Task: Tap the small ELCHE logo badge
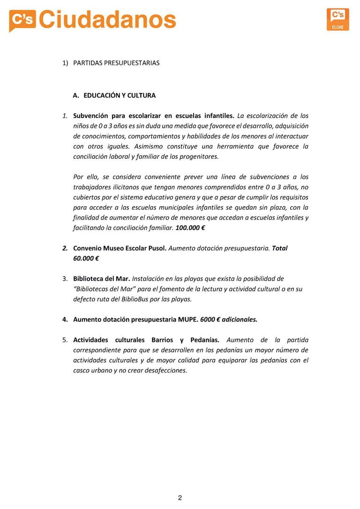click(x=337, y=19)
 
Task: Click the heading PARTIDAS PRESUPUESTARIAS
click(x=116, y=63)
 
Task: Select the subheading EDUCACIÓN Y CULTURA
click(x=120, y=96)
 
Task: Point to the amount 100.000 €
click(x=190, y=228)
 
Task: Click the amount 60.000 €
click(x=86, y=258)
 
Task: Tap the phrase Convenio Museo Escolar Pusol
click(x=120, y=248)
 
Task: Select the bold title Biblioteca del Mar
click(x=101, y=279)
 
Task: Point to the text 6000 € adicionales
click(x=229, y=320)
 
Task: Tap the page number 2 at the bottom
click(x=180, y=498)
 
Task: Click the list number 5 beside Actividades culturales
click(x=65, y=340)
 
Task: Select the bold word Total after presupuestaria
click(x=279, y=248)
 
